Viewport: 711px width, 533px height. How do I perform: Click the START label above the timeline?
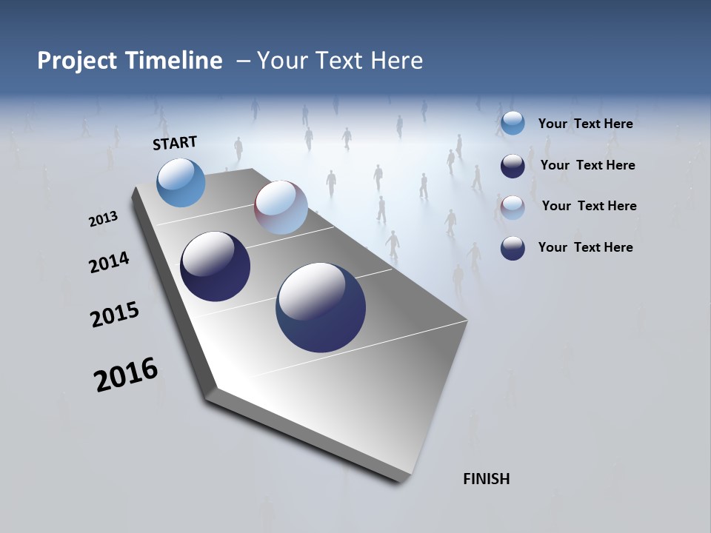175,143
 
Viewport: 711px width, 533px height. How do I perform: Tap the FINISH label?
486,479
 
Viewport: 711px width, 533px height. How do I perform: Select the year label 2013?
103,219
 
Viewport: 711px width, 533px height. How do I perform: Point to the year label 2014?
109,263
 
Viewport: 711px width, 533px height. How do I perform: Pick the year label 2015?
114,315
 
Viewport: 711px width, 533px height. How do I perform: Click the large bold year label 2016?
125,375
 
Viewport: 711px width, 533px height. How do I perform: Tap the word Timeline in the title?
175,61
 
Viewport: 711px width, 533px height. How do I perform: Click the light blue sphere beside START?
181,182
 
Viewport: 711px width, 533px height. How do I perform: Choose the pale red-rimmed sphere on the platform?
281,207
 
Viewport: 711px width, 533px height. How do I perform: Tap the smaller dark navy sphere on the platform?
215,266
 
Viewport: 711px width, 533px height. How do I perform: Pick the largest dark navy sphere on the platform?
321,307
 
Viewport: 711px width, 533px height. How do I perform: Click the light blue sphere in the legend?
513,124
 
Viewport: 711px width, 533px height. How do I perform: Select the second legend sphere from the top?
513,166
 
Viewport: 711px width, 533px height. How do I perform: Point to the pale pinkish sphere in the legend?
513,207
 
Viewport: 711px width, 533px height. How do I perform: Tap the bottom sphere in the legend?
513,248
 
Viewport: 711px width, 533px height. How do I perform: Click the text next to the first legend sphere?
585,124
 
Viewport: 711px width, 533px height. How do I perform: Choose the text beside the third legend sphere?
589,206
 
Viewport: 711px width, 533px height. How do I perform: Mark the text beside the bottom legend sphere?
585,247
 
